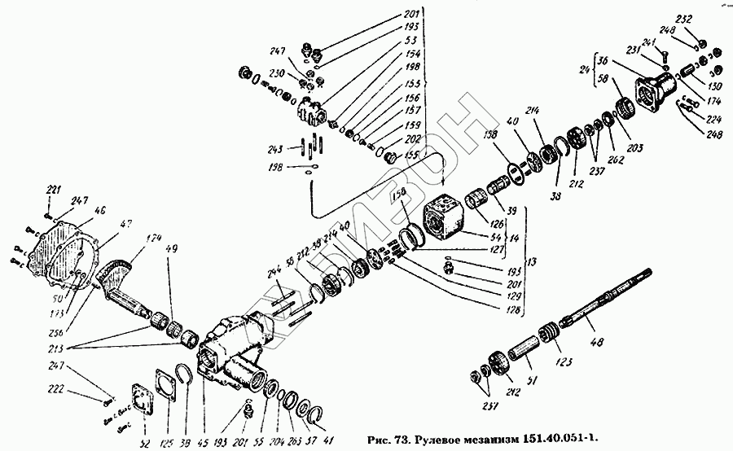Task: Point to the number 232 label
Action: [x=684, y=18]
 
